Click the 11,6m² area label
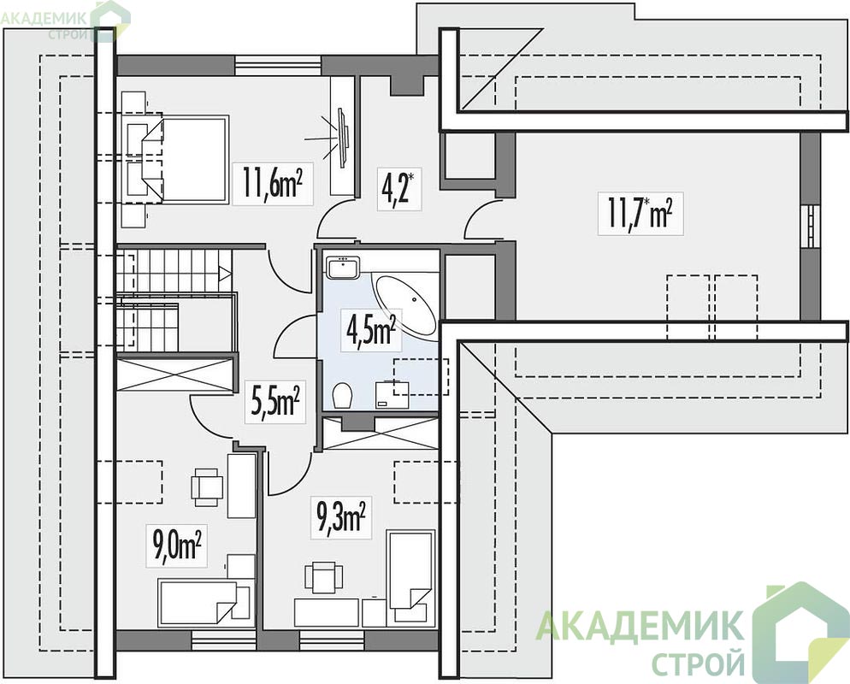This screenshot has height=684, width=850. [272, 183]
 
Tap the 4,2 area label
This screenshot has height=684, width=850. [398, 187]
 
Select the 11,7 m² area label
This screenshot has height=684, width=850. [640, 213]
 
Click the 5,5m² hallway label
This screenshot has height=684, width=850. [275, 402]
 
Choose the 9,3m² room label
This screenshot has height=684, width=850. [341, 517]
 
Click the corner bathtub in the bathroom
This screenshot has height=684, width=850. [405, 306]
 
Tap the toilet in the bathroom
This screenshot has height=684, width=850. [343, 395]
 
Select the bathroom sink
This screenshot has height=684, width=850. [343, 268]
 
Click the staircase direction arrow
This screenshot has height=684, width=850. [225, 273]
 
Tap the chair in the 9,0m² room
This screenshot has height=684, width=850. [207, 486]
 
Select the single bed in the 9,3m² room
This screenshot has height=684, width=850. [411, 578]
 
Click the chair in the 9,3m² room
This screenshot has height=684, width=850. [323, 578]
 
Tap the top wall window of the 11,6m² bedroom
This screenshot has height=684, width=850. [278, 66]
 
